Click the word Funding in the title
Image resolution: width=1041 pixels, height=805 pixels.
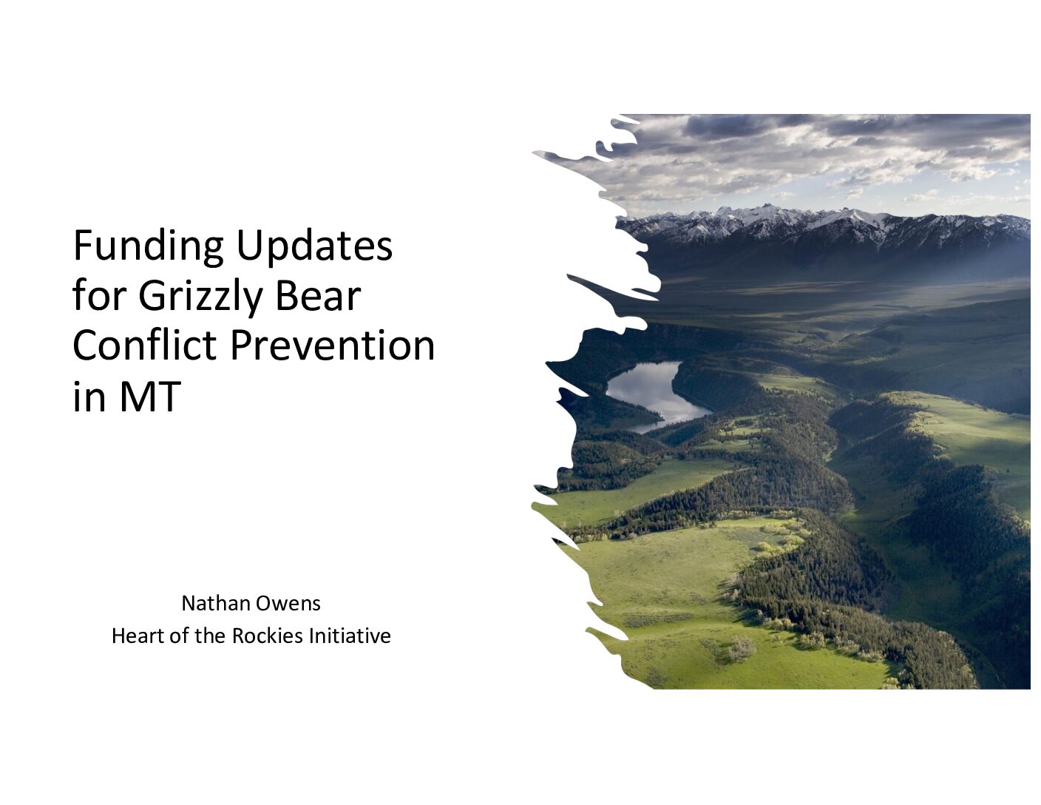click(x=148, y=247)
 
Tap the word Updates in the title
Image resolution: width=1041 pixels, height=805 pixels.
click(x=314, y=247)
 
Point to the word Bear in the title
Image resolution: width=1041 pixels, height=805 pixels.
click(x=318, y=295)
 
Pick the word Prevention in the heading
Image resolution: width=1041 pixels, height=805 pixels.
click(x=333, y=346)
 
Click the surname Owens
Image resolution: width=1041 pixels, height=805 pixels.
click(x=288, y=603)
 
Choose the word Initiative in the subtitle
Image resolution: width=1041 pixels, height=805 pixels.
click(x=350, y=636)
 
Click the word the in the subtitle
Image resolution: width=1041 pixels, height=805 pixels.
click(x=210, y=636)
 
